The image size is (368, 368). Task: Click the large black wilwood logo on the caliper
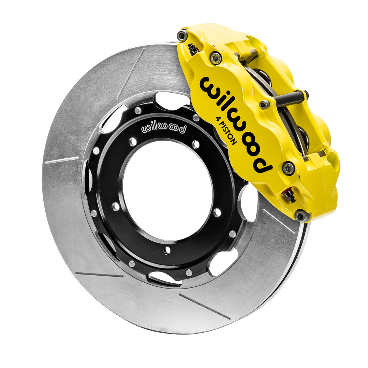[236, 121]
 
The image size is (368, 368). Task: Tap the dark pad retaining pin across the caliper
[291, 99]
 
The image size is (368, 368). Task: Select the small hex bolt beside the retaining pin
[264, 105]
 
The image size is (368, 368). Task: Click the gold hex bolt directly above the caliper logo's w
[216, 58]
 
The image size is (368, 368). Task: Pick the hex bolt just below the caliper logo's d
[289, 168]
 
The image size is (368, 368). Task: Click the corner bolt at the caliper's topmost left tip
[182, 35]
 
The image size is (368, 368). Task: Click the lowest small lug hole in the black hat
[167, 251]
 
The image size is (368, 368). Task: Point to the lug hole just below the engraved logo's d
[195, 144]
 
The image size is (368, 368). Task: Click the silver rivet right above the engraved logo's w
[138, 110]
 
